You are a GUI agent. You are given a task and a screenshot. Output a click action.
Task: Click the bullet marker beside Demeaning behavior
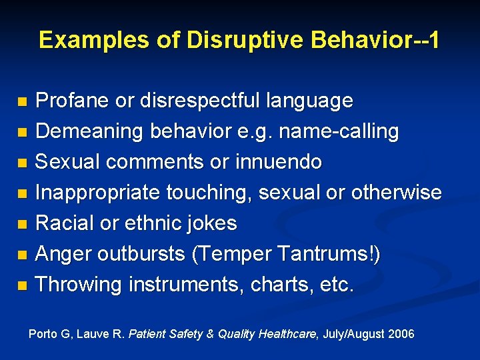[x=23, y=133]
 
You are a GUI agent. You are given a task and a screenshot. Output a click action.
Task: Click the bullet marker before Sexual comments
[x=23, y=163]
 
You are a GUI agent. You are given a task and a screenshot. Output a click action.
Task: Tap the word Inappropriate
[x=89, y=193]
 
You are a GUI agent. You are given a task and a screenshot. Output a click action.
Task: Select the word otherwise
[x=395, y=193]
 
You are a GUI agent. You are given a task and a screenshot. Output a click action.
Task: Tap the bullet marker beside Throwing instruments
[x=23, y=285]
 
